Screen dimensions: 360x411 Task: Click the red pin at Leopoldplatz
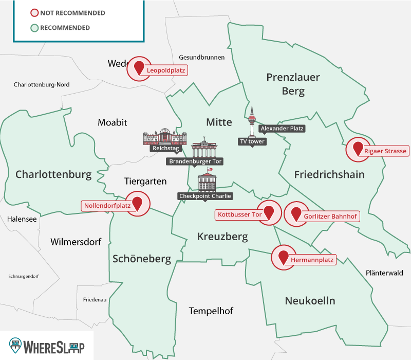139,68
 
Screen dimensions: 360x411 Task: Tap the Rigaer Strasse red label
385,151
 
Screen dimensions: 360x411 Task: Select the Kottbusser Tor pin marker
267,212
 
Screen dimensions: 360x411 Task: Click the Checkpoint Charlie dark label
205,196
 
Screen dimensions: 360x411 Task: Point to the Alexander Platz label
282,128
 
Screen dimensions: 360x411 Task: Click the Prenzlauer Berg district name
293,84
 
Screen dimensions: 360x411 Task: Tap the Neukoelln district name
310,301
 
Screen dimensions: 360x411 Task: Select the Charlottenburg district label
53,175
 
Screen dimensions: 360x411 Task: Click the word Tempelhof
211,311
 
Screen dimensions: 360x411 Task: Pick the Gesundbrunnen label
202,57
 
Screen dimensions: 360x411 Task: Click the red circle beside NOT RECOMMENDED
34,13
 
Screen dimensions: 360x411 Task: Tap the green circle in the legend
34,28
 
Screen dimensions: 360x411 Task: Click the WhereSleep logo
47,345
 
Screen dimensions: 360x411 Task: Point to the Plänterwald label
384,273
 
